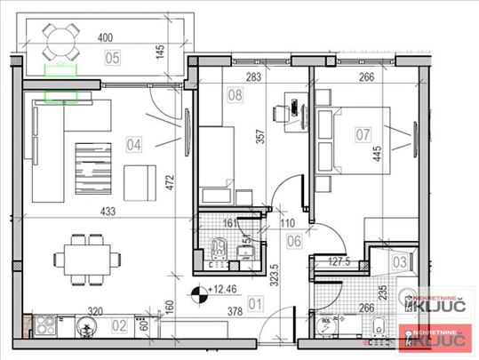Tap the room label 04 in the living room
(x=135, y=141)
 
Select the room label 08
(x=236, y=93)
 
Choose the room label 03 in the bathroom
(x=399, y=261)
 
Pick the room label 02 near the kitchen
(x=119, y=326)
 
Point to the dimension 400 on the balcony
(x=106, y=38)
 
